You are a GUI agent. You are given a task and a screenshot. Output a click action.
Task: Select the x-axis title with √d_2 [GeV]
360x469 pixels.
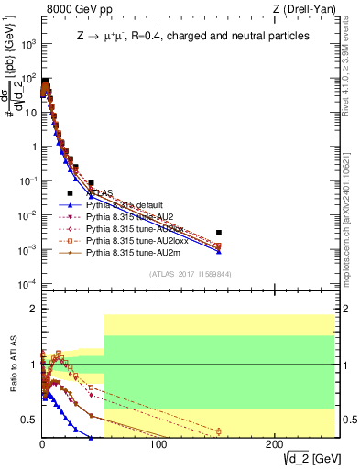point(302,459)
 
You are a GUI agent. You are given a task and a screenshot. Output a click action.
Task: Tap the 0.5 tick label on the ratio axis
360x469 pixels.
point(29,420)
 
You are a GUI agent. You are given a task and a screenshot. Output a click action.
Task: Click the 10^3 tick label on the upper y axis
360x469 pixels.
point(27,43)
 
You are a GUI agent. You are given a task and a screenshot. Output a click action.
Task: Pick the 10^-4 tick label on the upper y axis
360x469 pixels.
point(27,283)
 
